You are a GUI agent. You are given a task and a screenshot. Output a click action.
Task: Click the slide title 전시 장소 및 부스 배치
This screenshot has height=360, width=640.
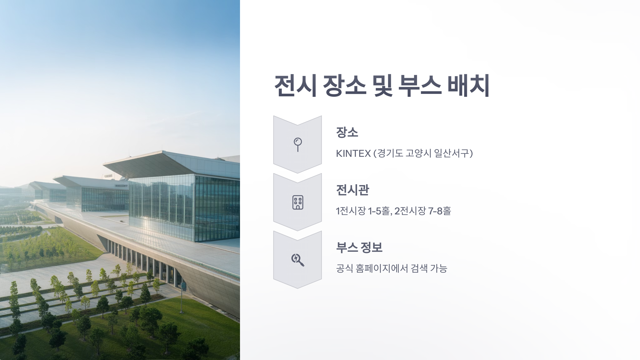382,86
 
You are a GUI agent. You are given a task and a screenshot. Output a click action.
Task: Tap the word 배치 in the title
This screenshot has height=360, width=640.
468,86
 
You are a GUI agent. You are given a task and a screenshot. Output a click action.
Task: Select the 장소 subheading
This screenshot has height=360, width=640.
347,132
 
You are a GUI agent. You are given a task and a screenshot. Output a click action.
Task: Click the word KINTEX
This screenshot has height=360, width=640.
353,154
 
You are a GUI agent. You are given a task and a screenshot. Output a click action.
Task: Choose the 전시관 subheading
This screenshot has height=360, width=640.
353,190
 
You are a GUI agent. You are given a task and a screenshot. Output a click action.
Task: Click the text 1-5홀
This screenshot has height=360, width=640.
379,211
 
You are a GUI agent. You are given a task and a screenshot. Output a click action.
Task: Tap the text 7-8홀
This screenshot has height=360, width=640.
439,211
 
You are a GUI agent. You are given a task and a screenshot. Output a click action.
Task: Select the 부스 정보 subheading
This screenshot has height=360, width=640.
359,247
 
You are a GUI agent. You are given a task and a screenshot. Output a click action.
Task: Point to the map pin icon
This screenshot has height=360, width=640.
298,144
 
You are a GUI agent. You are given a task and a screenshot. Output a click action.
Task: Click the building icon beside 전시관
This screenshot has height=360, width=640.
298,202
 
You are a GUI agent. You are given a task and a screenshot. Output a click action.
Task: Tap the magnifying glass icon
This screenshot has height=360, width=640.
298,260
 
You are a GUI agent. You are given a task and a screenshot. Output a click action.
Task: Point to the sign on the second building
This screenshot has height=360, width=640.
121,185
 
